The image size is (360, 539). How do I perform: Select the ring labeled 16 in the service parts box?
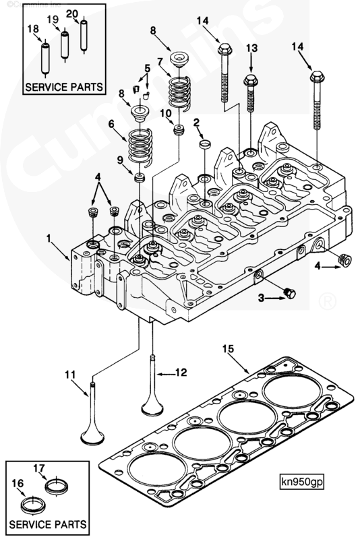click(x=30, y=505)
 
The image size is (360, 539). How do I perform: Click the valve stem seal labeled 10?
click(x=179, y=129)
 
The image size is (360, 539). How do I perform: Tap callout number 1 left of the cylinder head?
click(x=48, y=238)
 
